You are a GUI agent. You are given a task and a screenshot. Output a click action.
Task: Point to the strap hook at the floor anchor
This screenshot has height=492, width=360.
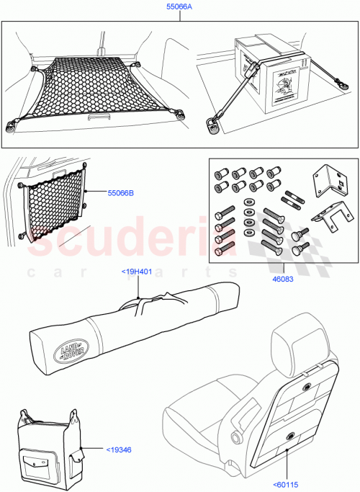[x=212, y=125]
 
